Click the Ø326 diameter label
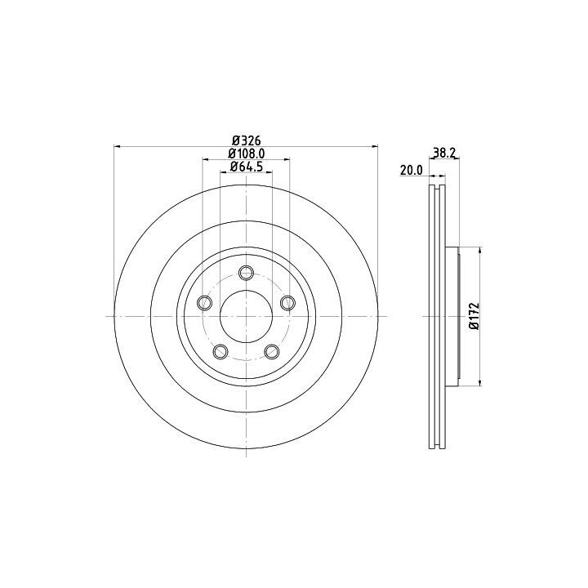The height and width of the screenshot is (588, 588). pyautogui.click(x=246, y=140)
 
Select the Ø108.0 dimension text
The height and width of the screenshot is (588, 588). pyautogui.click(x=247, y=153)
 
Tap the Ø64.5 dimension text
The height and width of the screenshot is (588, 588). pyautogui.click(x=247, y=166)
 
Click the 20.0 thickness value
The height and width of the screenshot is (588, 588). pyautogui.click(x=412, y=170)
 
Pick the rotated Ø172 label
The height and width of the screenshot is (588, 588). pyautogui.click(x=474, y=316)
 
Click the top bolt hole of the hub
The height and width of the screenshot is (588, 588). pyautogui.click(x=246, y=272)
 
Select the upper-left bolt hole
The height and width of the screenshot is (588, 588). pyautogui.click(x=204, y=303)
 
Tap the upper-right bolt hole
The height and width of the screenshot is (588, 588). pyautogui.click(x=287, y=303)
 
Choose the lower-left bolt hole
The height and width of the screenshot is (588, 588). pyautogui.click(x=220, y=351)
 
